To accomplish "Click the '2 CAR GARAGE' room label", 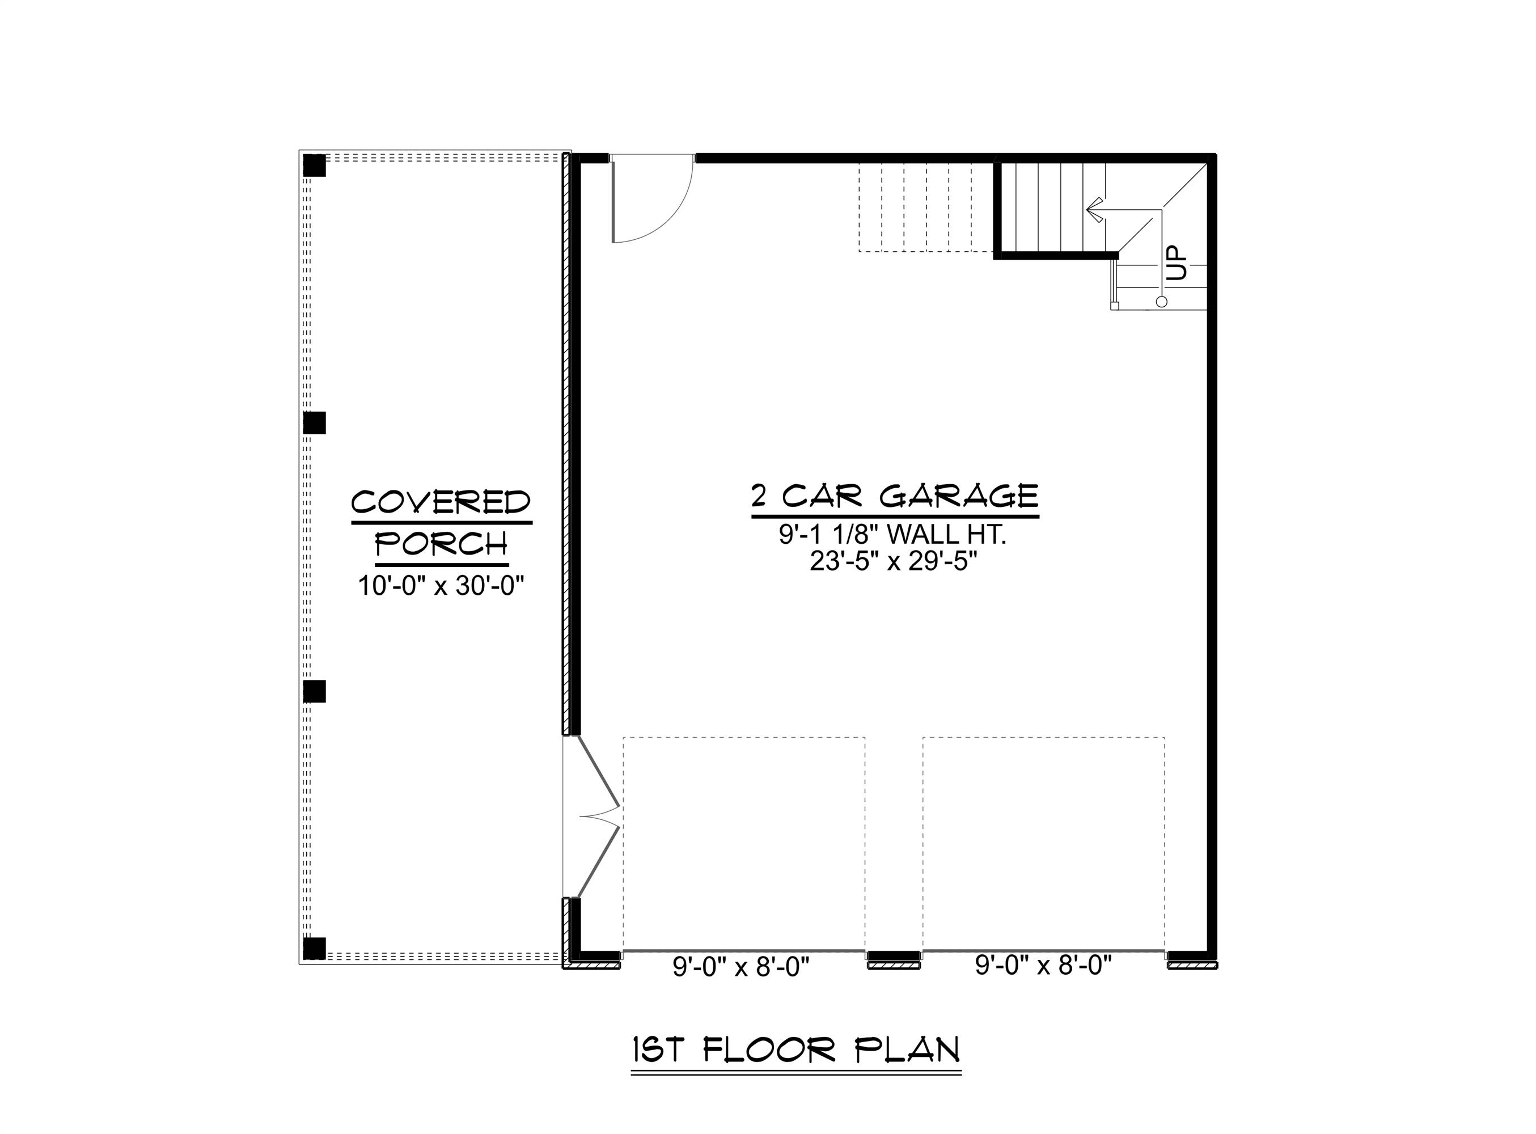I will pos(894,496).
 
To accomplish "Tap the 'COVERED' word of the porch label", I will pos(441,502).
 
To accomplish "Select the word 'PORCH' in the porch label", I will pos(441,544).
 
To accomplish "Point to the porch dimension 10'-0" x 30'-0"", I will pos(441,586).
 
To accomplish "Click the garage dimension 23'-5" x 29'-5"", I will pos(893,561).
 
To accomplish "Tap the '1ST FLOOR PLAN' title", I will pos(795,1050).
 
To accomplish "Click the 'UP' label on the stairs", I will pos(1176,263).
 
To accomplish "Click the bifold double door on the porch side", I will pos(597,817).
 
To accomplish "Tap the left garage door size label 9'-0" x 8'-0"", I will pos(741,967).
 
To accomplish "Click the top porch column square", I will pos(314,166).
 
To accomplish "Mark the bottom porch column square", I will pos(314,948).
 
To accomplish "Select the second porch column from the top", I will pos(314,423).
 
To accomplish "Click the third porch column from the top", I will pos(314,691).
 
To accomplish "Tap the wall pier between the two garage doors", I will pos(894,956).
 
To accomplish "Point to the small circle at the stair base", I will pos(1161,301).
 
